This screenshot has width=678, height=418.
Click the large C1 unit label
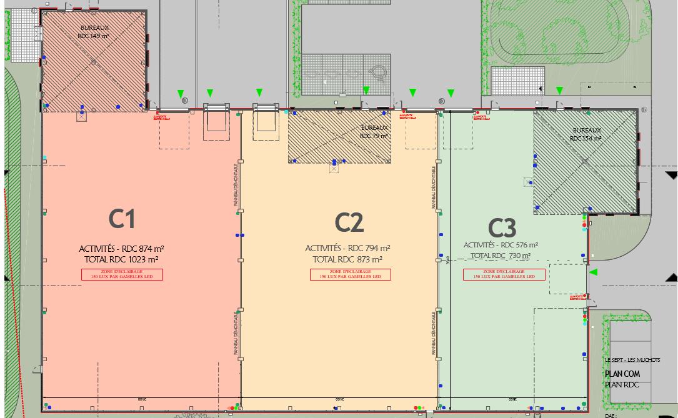point(122,219)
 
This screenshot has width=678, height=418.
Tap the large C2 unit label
point(349,222)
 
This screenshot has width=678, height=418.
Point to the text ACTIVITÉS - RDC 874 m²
point(122,249)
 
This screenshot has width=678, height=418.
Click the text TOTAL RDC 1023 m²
point(122,259)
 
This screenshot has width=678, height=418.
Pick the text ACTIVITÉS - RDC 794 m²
point(348,248)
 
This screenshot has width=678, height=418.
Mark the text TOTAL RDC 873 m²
point(348,259)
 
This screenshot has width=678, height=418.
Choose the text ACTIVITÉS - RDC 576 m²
point(501,246)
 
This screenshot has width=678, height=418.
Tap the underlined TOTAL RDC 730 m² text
point(501,256)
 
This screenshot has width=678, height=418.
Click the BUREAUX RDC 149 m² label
point(93,32)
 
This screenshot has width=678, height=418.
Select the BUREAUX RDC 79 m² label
point(374,132)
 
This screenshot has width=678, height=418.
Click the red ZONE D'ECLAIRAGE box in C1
point(122,274)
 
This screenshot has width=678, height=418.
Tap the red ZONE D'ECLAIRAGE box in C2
point(350,274)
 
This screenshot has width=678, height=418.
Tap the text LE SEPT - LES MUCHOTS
point(628,361)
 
